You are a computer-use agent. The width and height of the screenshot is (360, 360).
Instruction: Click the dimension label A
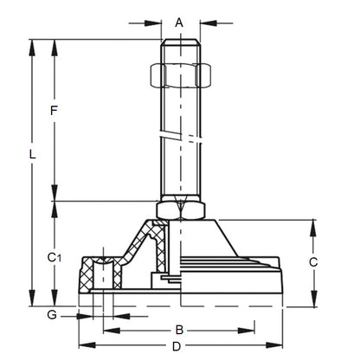179,22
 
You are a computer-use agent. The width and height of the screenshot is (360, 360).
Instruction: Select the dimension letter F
54,111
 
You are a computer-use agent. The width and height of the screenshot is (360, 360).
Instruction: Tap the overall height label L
32,156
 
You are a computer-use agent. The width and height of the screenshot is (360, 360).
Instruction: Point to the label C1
54,257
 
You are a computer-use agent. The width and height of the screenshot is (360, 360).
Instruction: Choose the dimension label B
178,330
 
